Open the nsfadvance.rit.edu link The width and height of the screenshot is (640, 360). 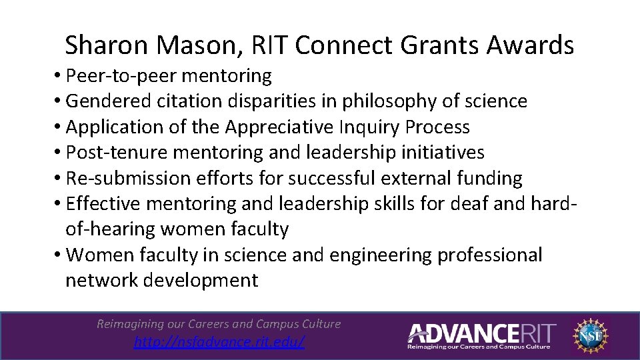click(219, 342)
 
